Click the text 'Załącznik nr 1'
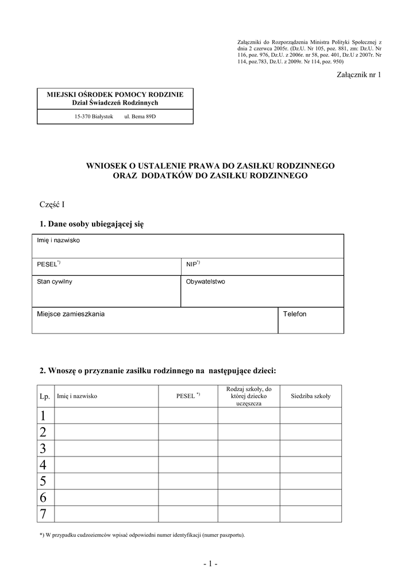359,75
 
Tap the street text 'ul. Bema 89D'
140,117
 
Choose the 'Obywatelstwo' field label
205,282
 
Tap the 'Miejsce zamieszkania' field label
71,314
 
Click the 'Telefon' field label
295,314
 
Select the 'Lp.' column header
45,396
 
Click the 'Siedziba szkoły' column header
310,396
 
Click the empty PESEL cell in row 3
188,448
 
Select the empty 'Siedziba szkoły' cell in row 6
310,497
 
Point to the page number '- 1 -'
210,564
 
